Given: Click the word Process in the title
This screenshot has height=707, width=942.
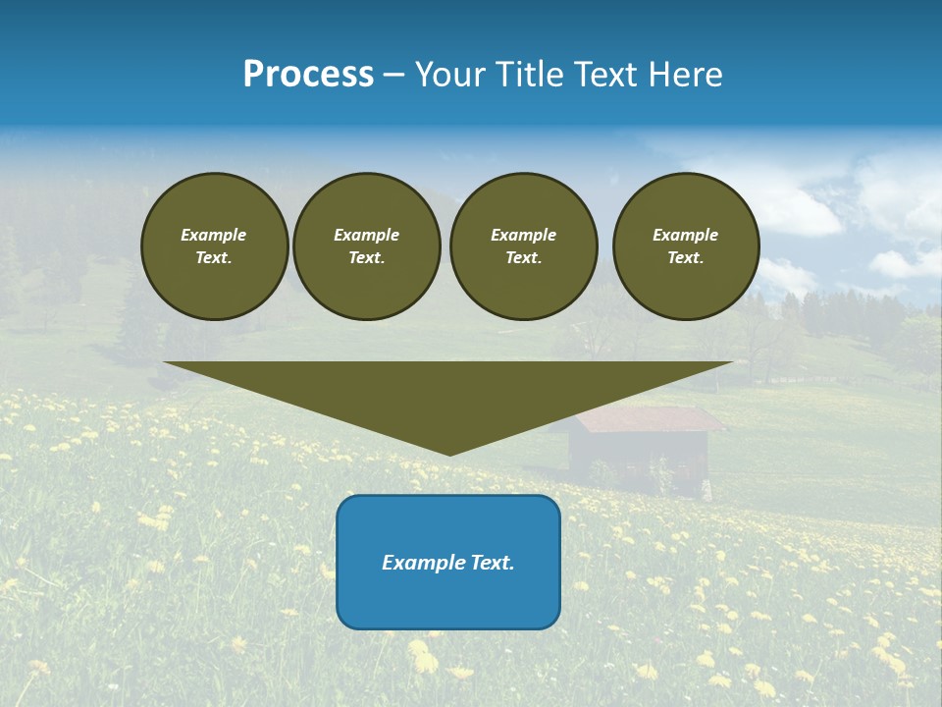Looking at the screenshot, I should (x=308, y=75).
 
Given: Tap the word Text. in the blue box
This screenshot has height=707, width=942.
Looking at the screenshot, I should (x=492, y=563).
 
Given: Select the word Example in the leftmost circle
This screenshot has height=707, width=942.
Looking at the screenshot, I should (x=214, y=235).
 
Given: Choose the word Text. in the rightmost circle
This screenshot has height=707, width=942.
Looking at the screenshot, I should (x=685, y=257).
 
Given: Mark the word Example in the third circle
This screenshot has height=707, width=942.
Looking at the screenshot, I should (x=523, y=235).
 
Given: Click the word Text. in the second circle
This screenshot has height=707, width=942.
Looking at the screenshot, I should (x=366, y=257).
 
